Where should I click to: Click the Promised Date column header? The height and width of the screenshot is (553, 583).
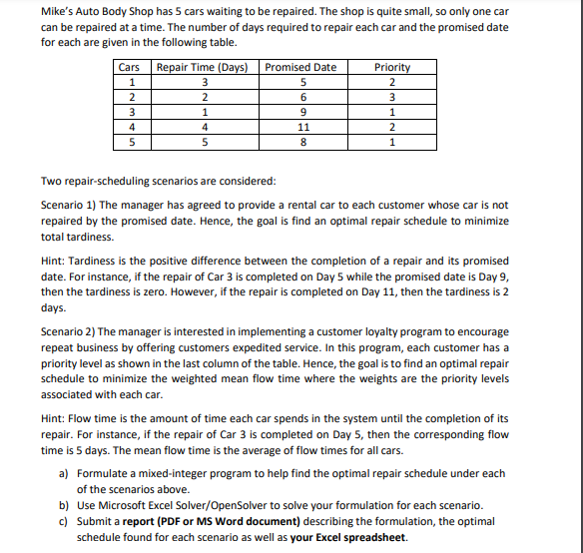pyautogui.click(x=300, y=67)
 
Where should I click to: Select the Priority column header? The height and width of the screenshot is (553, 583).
pyautogui.click(x=391, y=67)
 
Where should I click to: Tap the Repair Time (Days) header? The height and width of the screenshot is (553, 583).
pyautogui.click(x=203, y=67)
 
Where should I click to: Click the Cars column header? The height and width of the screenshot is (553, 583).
pyautogui.click(x=129, y=67)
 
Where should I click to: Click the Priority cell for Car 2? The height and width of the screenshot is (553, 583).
pyautogui.click(x=391, y=97)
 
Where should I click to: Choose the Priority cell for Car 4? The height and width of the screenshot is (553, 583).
pyautogui.click(x=391, y=127)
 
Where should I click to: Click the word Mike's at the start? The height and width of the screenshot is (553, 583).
pyautogui.click(x=57, y=11)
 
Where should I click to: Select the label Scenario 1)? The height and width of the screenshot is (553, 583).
pyautogui.click(x=68, y=205)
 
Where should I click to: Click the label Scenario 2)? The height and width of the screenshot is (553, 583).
pyautogui.click(x=68, y=331)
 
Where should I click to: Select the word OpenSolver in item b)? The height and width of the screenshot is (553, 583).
pyautogui.click(x=240, y=505)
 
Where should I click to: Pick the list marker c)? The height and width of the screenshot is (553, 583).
pyautogui.click(x=65, y=521)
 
